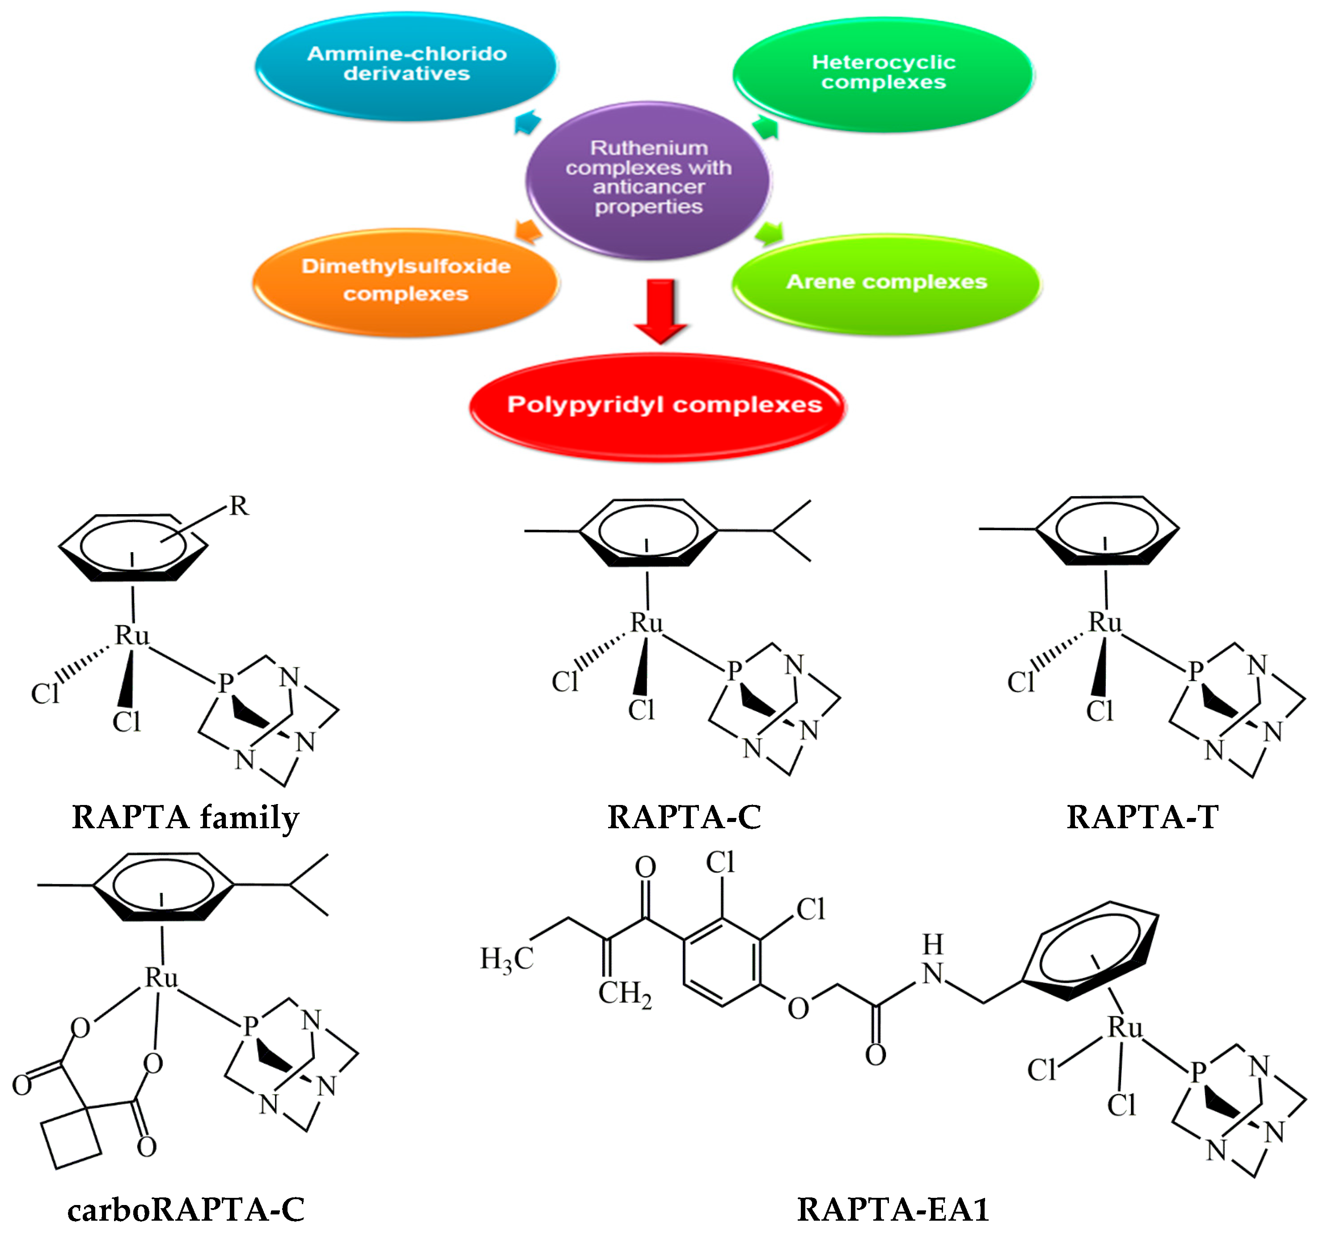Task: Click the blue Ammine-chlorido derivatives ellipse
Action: click(x=406, y=67)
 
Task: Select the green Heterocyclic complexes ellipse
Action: click(x=883, y=73)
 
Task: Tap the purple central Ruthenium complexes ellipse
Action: click(x=648, y=178)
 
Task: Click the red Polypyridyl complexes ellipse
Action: click(x=658, y=405)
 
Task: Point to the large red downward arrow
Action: click(x=661, y=311)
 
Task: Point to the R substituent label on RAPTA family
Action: click(x=239, y=506)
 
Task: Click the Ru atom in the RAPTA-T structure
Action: click(x=1105, y=622)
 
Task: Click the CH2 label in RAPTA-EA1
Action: click(x=624, y=993)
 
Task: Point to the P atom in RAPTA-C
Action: click(x=734, y=670)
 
